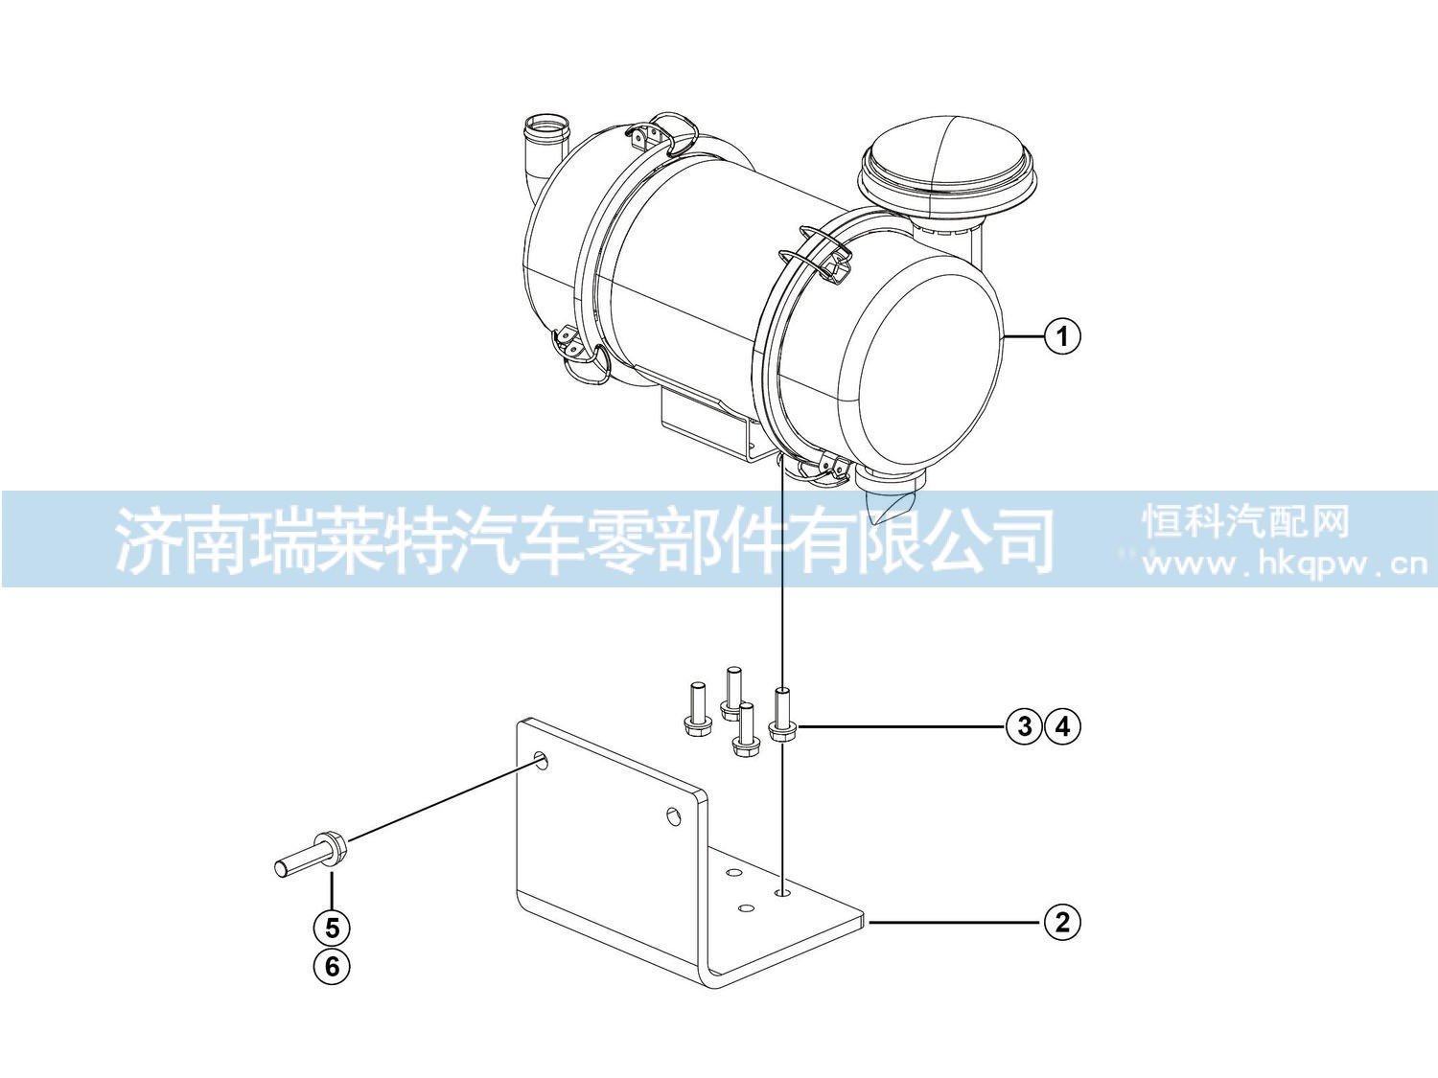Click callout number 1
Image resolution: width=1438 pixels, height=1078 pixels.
1062,335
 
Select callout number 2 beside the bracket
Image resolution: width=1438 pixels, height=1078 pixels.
1062,922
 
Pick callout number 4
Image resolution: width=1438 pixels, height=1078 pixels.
1062,726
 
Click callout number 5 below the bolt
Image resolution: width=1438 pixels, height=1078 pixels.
332,928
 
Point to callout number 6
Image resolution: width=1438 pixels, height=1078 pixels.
332,966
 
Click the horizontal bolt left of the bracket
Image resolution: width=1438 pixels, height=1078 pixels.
311,856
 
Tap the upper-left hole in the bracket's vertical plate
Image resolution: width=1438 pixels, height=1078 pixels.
541,760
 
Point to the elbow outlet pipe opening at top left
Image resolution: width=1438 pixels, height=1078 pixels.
547,125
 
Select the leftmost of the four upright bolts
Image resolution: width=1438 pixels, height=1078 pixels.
696,709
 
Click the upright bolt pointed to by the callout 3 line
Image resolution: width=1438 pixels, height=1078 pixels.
782,715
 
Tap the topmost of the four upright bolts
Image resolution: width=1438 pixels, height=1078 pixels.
732,694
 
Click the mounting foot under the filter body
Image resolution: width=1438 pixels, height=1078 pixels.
713,423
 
